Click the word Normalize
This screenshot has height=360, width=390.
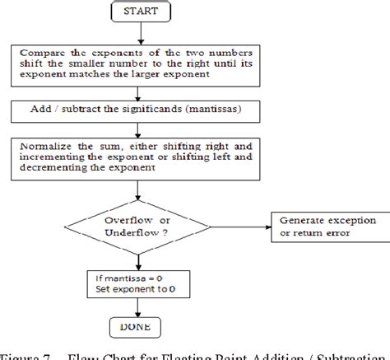[x=41, y=143]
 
